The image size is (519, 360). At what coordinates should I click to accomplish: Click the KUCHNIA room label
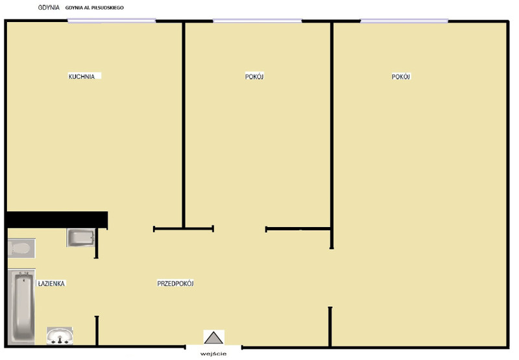coord(82,77)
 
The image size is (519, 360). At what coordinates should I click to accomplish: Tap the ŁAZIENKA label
coord(51,283)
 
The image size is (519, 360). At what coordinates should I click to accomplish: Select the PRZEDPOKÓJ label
coord(175,283)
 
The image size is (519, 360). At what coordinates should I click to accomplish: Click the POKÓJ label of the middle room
coord(254,77)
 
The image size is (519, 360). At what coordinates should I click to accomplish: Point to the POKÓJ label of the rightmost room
coord(401,77)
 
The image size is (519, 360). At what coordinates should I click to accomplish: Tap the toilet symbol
coord(21,248)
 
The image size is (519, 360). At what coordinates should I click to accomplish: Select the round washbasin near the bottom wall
coord(60,336)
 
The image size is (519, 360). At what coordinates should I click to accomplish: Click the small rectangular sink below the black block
coord(80,237)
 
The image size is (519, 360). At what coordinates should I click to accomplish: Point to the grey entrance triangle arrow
coord(213,338)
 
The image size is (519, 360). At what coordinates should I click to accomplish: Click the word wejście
coord(213,354)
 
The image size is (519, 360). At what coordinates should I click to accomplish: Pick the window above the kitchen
coord(112,21)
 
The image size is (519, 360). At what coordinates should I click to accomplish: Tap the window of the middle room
coord(257,21)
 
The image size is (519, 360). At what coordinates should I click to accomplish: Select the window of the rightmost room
coord(404,21)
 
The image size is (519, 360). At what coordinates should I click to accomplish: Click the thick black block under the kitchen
coord(58,220)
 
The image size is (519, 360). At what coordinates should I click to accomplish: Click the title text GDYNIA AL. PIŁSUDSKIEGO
coord(94,8)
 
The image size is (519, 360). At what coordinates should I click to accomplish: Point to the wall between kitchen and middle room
coord(184,125)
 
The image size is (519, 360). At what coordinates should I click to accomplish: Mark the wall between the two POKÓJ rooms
coord(332,135)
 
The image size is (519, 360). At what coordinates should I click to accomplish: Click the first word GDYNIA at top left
coord(49,7)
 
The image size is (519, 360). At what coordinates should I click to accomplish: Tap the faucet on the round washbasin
coord(60,339)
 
